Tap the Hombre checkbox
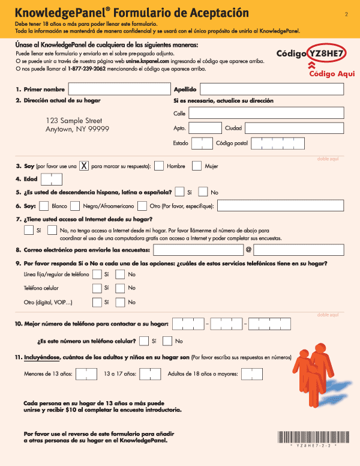[x=159, y=166]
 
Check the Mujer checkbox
[x=197, y=166]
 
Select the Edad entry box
[x=52, y=179]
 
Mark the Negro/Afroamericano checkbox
[x=75, y=206]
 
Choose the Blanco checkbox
[x=44, y=206]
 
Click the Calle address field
[x=266, y=113]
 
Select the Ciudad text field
[x=294, y=128]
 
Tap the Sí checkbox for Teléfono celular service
[x=97, y=288]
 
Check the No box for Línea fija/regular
[x=120, y=274]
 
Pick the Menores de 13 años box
[x=86, y=374]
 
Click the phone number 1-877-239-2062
[x=87, y=69]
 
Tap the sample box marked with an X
[x=85, y=166]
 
